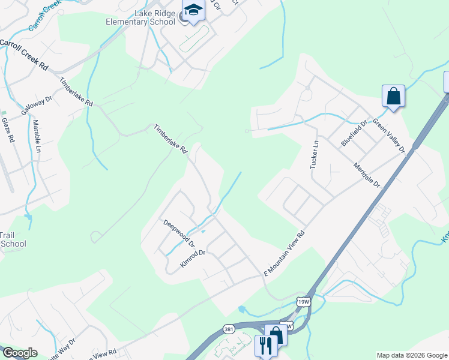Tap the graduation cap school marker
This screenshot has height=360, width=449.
193,11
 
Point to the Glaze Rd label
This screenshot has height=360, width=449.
7,130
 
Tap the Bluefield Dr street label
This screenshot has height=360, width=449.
352,133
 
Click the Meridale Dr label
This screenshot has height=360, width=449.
367,175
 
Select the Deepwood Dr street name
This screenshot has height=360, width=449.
179,233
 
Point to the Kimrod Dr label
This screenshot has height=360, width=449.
193,259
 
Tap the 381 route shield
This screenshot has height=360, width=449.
229,329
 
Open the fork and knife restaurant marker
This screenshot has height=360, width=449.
265,344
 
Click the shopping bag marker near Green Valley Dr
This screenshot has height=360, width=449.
393,96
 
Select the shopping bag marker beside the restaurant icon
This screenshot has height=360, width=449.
276,335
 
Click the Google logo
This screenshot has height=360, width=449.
19,353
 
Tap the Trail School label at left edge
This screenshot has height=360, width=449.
13,239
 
